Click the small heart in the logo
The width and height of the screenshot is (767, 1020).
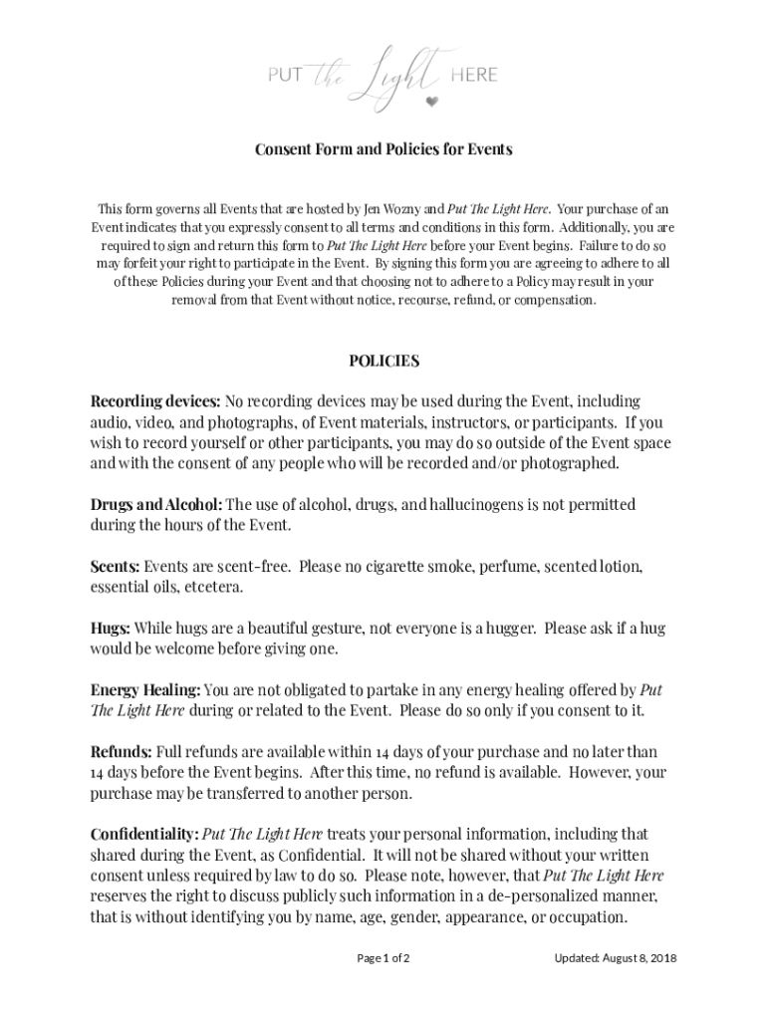pos(431,102)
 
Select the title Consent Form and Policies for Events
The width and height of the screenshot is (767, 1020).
pos(383,150)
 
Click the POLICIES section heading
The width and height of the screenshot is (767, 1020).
pos(383,361)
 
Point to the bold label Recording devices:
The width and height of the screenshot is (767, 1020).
pos(155,401)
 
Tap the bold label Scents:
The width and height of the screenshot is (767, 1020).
pos(116,567)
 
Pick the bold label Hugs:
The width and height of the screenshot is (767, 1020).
pos(111,629)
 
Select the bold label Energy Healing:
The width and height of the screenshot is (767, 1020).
pos(145,690)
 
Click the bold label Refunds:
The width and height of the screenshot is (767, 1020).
pos(122,752)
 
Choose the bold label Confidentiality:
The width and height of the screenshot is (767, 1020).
pos(144,834)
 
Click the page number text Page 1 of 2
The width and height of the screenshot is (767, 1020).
pos(383,958)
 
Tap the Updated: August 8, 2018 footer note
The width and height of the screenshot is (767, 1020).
pos(616,958)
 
